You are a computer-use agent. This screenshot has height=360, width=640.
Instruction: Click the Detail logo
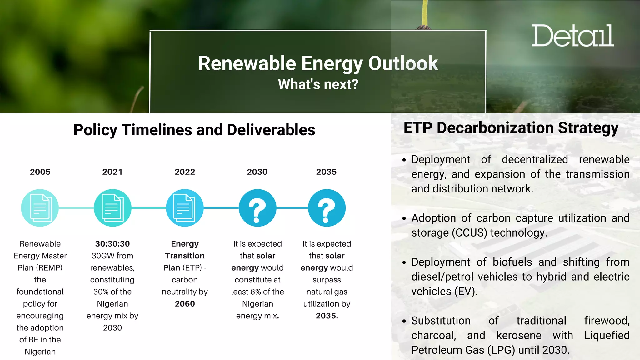point(572,36)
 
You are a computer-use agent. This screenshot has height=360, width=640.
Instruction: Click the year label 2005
point(40,172)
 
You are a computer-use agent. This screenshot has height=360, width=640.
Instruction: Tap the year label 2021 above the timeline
point(112,172)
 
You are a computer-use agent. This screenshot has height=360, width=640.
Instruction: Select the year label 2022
point(185,172)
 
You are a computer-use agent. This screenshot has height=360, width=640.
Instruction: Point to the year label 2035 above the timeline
point(326,172)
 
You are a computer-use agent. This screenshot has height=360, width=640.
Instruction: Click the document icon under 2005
point(40,208)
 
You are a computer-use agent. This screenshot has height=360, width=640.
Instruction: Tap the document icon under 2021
point(112,208)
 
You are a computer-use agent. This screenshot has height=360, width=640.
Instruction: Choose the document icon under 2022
point(185,208)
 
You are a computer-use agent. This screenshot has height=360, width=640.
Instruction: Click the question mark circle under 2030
point(257,208)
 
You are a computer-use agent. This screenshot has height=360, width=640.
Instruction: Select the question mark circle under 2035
point(327,208)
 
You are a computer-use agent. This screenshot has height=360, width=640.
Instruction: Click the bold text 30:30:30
point(112,244)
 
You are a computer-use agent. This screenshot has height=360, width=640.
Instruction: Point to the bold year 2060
point(185,304)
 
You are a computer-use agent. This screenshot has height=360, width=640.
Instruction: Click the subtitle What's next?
point(318,84)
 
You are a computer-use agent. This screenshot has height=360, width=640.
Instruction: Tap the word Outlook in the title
point(403,63)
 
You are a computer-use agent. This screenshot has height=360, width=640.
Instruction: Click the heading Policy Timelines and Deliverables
point(194,130)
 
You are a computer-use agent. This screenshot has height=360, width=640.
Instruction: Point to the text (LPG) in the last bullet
point(501,350)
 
